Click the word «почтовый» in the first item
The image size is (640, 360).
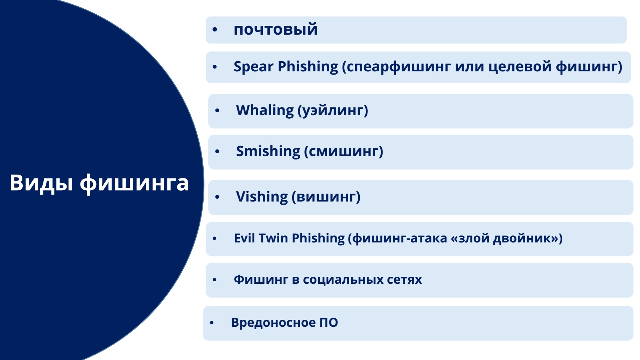point(276,30)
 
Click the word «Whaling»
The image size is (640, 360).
point(265,111)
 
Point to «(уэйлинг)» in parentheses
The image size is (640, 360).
point(333,111)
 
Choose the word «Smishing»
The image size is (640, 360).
point(268,151)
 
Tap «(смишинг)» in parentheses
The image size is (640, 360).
point(344,151)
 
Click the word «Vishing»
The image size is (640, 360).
point(262,197)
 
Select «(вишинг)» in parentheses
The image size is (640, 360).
point(326,197)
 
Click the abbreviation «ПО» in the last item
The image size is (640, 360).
point(329,323)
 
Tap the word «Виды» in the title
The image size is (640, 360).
point(41,183)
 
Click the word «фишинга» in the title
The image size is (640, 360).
point(134,183)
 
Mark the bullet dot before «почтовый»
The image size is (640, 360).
point(215,30)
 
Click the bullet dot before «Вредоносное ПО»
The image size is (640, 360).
point(212,323)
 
